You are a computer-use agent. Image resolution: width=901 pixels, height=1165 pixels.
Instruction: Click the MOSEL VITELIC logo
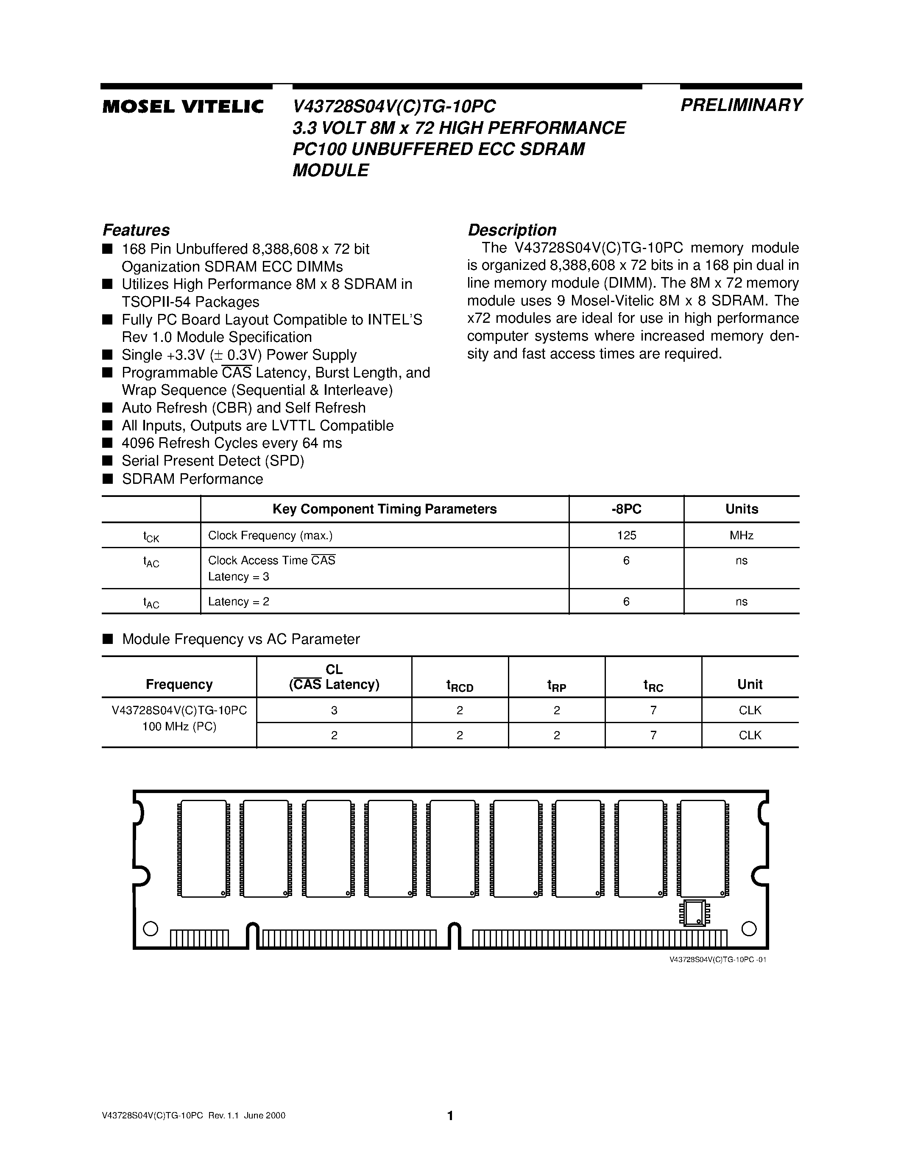point(183,107)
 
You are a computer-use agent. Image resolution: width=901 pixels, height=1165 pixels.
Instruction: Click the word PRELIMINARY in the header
point(741,105)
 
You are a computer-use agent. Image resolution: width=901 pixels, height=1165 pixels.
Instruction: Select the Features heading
point(136,230)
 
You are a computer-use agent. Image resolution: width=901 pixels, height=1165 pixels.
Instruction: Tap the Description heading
point(512,230)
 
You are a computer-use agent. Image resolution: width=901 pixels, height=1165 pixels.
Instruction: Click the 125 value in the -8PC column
point(626,535)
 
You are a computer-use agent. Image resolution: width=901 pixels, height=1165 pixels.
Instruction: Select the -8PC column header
point(626,509)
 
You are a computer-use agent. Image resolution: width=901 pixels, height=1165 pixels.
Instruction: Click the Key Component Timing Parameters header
point(384,509)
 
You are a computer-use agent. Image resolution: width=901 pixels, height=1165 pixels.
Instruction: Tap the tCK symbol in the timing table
point(151,537)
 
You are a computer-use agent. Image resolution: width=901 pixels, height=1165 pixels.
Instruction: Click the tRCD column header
point(460,685)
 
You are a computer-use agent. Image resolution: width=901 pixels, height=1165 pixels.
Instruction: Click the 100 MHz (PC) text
point(179,727)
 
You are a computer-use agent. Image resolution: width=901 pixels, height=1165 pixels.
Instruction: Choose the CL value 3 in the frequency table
point(334,710)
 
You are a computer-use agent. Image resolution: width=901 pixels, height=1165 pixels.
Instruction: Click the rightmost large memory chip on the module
point(703,849)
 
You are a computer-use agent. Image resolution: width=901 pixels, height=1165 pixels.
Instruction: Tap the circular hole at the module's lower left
point(151,929)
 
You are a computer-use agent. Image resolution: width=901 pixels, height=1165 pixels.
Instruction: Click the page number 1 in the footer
point(450,1115)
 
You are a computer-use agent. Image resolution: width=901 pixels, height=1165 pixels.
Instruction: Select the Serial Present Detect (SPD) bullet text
point(212,461)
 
